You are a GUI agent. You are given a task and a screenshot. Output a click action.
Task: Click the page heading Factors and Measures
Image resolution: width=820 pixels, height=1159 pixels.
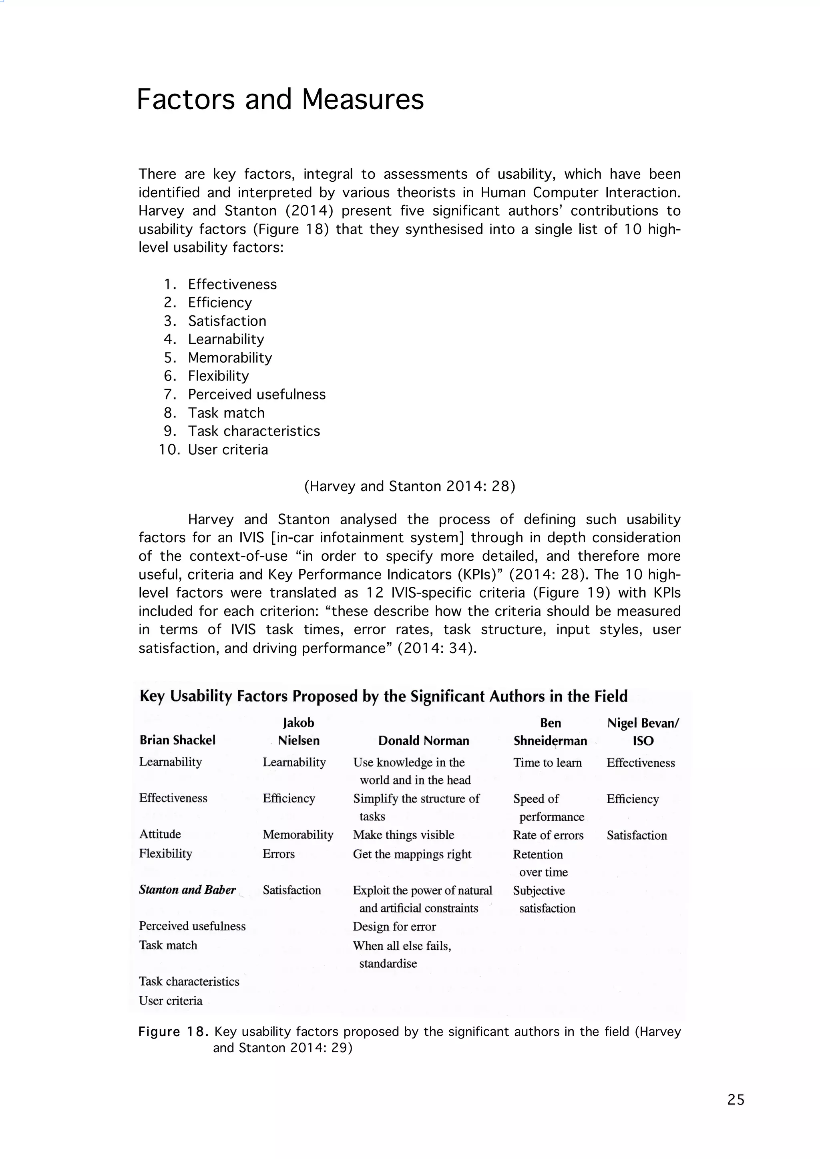[x=280, y=99]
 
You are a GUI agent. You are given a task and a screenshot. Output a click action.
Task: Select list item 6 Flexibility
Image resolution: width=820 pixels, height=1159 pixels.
[x=218, y=376]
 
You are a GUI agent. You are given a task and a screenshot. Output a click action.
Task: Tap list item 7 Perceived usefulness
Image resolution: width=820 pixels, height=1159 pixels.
[x=257, y=394]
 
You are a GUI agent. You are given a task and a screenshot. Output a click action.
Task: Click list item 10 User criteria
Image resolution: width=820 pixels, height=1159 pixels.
[x=228, y=449]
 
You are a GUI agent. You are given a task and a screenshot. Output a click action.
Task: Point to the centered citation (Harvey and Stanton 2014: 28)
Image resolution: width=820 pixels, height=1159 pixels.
[x=410, y=486]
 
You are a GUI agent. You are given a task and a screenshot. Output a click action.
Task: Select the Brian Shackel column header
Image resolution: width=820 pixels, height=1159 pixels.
[x=177, y=740]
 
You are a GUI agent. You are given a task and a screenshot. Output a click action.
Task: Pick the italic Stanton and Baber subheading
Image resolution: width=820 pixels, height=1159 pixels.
[x=187, y=890]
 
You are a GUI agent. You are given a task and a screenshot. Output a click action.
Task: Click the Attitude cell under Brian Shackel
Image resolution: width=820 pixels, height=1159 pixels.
[x=160, y=834]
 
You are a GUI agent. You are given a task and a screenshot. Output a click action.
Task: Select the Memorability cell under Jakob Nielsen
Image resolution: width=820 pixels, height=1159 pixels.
[x=298, y=834]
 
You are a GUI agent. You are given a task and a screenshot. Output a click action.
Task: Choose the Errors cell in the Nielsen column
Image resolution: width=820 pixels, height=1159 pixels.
[x=278, y=854]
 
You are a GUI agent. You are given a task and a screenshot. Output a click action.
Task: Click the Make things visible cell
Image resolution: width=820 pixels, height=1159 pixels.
[x=404, y=835]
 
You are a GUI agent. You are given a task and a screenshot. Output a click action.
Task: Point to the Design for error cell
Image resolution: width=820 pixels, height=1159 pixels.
[x=394, y=926]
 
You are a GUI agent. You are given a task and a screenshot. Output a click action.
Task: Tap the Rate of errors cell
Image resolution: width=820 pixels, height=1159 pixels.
[x=548, y=835]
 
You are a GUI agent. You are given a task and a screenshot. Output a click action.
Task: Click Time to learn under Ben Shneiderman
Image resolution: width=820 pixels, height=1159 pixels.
[x=547, y=762]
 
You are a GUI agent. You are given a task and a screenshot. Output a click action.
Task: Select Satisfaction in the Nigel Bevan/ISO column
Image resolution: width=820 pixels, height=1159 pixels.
[x=637, y=835]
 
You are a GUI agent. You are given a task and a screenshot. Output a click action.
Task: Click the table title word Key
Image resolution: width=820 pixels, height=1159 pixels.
[x=152, y=697]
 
